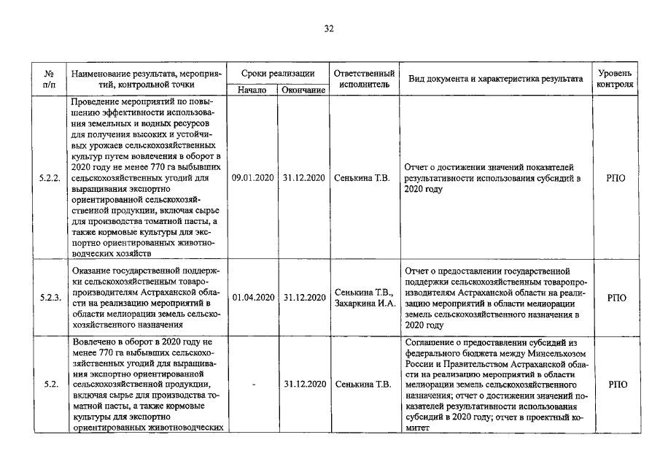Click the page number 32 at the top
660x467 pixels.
point(328,29)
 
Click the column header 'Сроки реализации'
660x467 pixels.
point(278,74)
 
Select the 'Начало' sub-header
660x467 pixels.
point(252,90)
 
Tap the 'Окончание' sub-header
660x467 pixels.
point(303,90)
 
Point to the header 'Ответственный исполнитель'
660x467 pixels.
point(364,80)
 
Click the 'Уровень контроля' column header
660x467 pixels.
point(615,80)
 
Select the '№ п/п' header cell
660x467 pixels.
point(50,80)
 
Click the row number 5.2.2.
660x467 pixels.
point(50,177)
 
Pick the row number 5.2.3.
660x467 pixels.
point(50,298)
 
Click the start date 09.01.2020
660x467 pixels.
point(252,177)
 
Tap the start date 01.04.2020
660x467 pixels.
point(252,298)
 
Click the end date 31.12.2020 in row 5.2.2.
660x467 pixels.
point(303,177)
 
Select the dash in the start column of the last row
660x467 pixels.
point(252,383)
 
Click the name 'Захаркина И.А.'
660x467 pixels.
point(365,304)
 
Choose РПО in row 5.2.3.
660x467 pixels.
point(616,298)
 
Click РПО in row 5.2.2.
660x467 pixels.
point(616,177)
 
